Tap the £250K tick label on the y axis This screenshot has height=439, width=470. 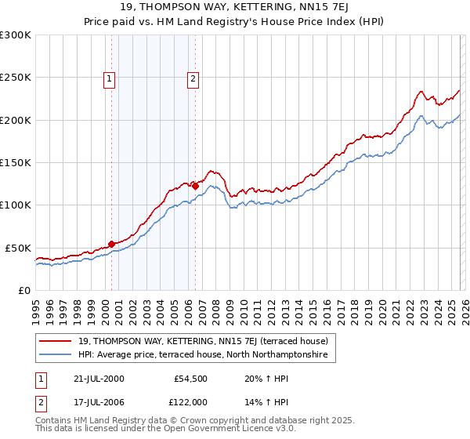point(16,78)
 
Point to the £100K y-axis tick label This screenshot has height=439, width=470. point(16,205)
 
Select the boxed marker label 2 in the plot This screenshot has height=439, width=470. point(193,78)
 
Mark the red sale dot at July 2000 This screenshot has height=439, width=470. point(112,244)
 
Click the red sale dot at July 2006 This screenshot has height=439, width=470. point(195,187)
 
